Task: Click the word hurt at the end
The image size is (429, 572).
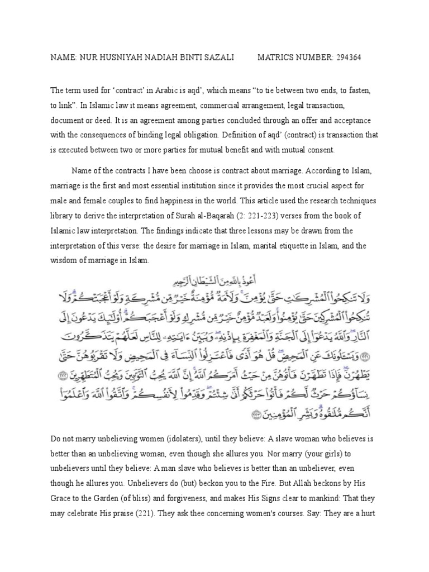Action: [369, 512]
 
